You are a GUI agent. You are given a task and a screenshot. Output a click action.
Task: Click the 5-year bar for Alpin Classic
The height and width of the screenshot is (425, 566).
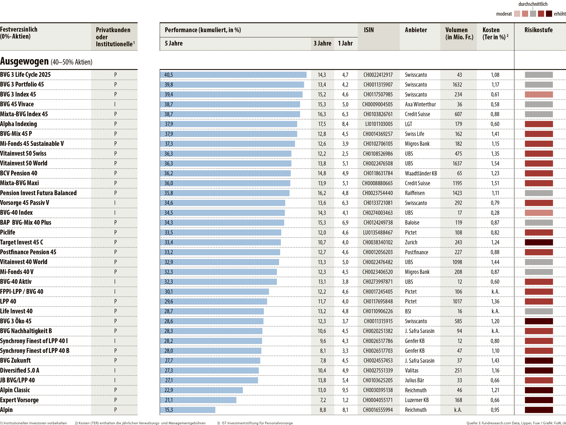click(201, 390)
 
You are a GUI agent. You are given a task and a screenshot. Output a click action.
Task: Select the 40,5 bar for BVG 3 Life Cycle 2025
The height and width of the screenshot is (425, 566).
click(233, 75)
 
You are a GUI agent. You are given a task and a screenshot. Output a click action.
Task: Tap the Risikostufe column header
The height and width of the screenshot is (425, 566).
click(538, 30)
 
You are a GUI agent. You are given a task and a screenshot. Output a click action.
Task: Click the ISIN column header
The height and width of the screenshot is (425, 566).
click(369, 30)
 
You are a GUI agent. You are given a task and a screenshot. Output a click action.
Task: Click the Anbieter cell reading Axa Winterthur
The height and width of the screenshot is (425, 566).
click(420, 104)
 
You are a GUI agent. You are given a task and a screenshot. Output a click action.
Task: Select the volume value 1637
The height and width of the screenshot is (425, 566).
click(457, 164)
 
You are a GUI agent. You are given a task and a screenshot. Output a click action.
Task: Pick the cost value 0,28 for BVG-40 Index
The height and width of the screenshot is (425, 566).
click(495, 213)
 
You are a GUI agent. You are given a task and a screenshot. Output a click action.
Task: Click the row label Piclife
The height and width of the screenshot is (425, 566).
click(8, 232)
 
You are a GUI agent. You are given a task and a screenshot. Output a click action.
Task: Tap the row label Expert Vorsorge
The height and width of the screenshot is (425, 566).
click(19, 400)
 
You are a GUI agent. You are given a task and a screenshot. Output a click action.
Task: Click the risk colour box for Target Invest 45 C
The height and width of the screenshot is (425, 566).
click(539, 242)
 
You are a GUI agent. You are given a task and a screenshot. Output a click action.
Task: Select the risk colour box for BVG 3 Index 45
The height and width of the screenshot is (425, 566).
click(539, 95)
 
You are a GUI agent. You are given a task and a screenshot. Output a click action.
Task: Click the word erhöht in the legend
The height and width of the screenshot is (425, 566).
click(560, 14)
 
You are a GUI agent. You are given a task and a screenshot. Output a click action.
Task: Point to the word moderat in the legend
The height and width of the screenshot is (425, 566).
click(504, 14)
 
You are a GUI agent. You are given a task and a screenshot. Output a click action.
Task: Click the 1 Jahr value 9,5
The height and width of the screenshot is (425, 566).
click(345, 390)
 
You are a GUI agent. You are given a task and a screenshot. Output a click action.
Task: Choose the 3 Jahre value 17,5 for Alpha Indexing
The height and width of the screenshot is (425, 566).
click(322, 124)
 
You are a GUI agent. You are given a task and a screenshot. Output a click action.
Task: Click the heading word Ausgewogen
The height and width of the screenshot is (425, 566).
click(24, 61)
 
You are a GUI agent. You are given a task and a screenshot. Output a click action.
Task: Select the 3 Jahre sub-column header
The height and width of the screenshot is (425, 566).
click(322, 43)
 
